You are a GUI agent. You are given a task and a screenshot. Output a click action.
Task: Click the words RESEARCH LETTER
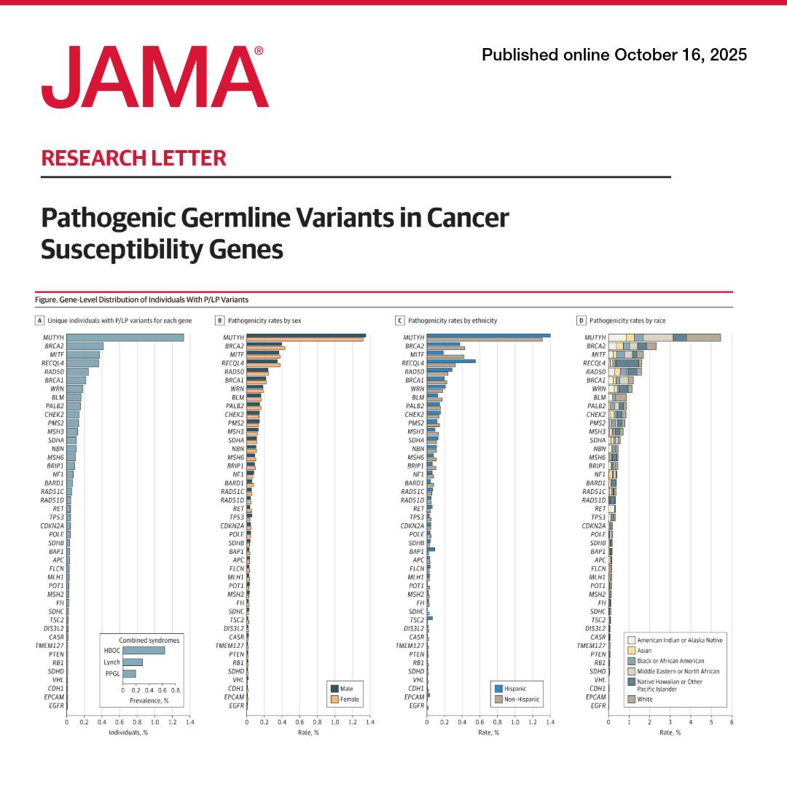tap(133, 158)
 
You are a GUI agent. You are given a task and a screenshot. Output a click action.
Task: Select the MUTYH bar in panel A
tap(125, 337)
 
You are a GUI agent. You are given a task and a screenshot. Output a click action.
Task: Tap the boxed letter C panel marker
tap(399, 320)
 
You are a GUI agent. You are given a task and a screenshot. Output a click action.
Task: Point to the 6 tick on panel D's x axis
tap(731, 721)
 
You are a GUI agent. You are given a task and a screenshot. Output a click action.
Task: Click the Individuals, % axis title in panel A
tap(128, 732)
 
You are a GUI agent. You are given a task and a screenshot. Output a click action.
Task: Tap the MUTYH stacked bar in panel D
tap(665, 337)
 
